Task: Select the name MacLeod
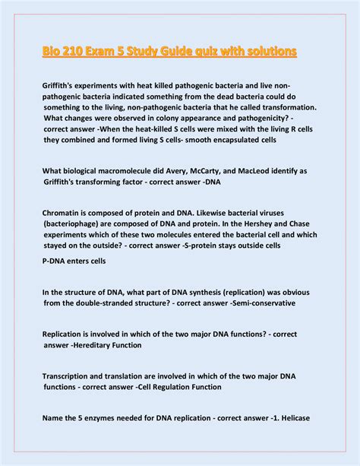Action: (x=285, y=171)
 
